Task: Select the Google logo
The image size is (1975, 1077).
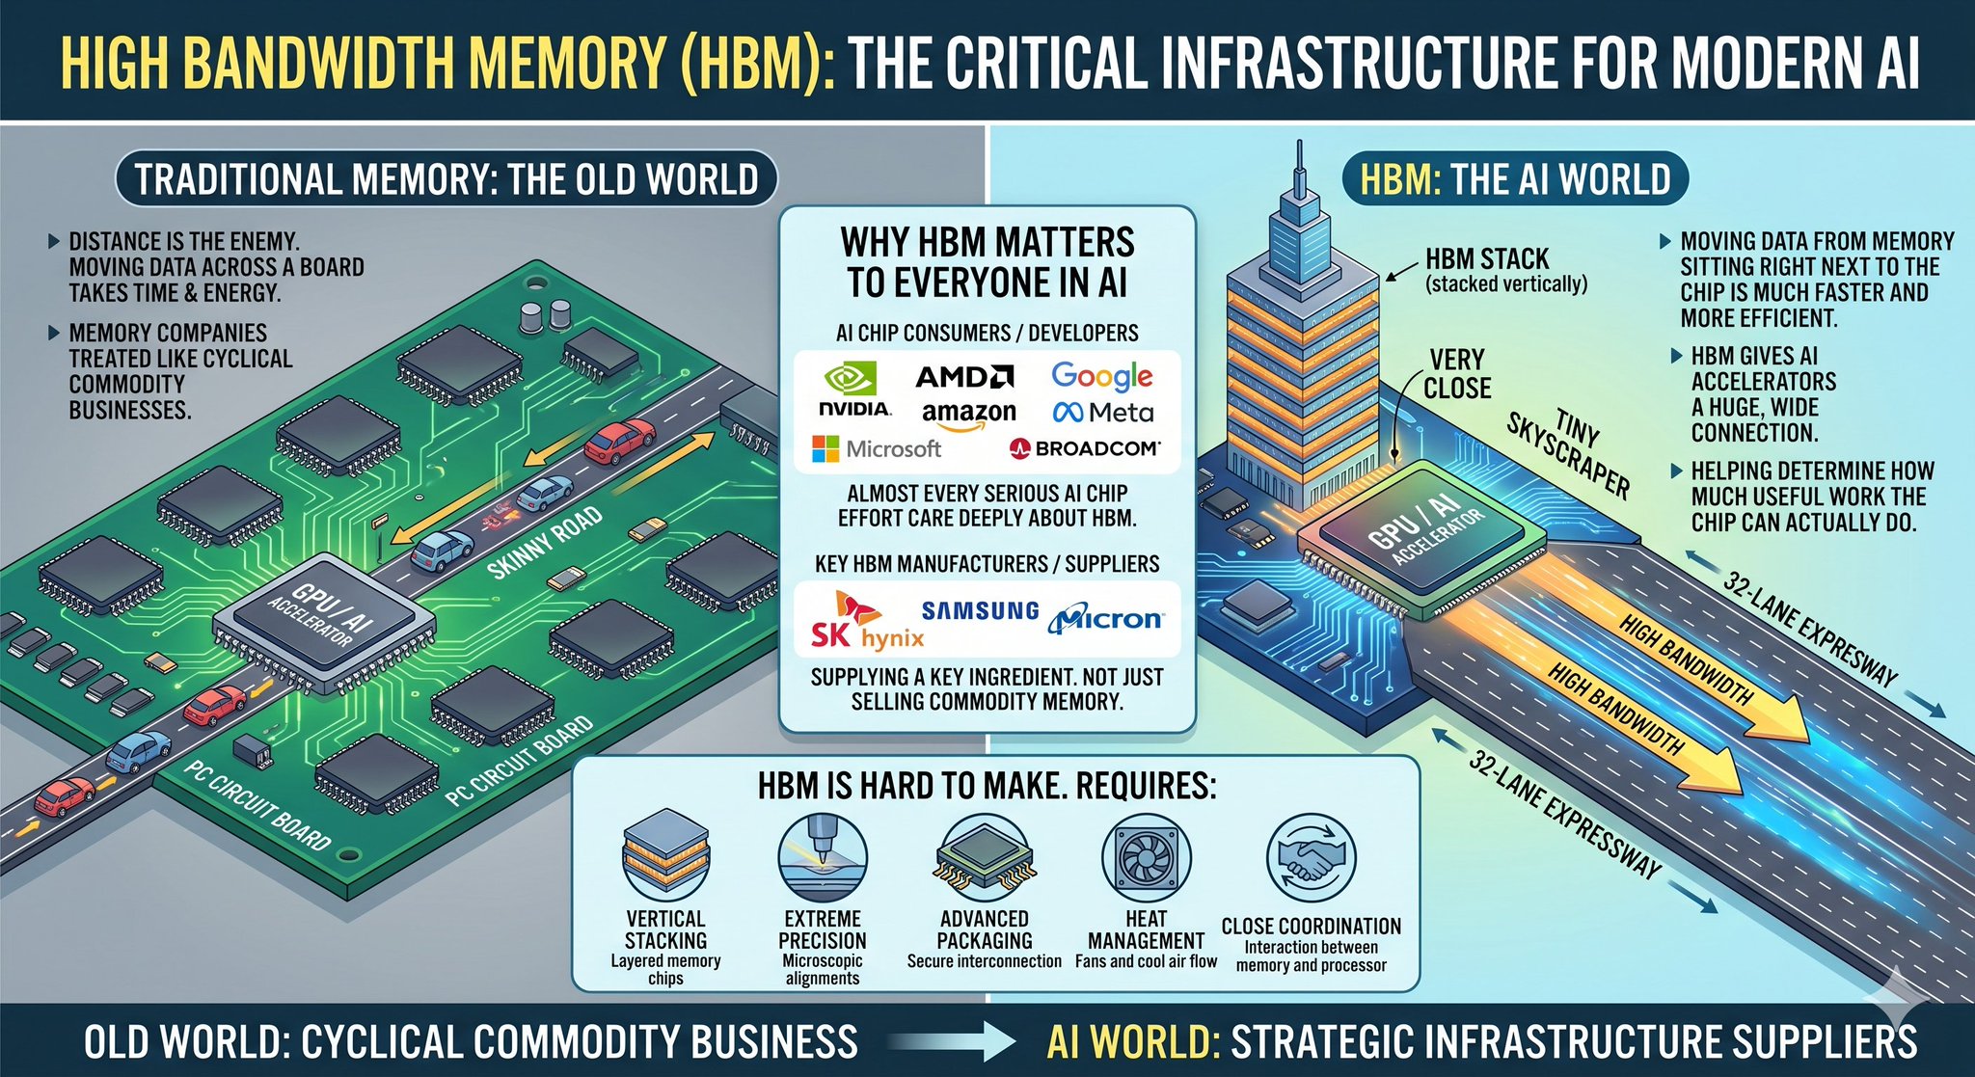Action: click(1102, 376)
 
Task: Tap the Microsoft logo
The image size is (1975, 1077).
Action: click(877, 448)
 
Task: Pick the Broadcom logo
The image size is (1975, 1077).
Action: click(1084, 448)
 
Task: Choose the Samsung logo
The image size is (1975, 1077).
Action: click(980, 610)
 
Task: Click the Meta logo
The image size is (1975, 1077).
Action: click(1103, 413)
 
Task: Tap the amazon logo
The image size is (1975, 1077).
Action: click(968, 415)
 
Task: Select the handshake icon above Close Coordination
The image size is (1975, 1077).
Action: click(1311, 858)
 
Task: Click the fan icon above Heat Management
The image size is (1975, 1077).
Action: click(1146, 857)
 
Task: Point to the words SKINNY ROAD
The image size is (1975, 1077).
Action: click(545, 543)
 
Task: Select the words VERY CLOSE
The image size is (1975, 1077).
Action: click(1457, 374)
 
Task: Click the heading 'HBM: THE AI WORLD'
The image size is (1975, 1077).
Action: click(1515, 179)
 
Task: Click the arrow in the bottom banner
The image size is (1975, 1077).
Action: click(951, 1042)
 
